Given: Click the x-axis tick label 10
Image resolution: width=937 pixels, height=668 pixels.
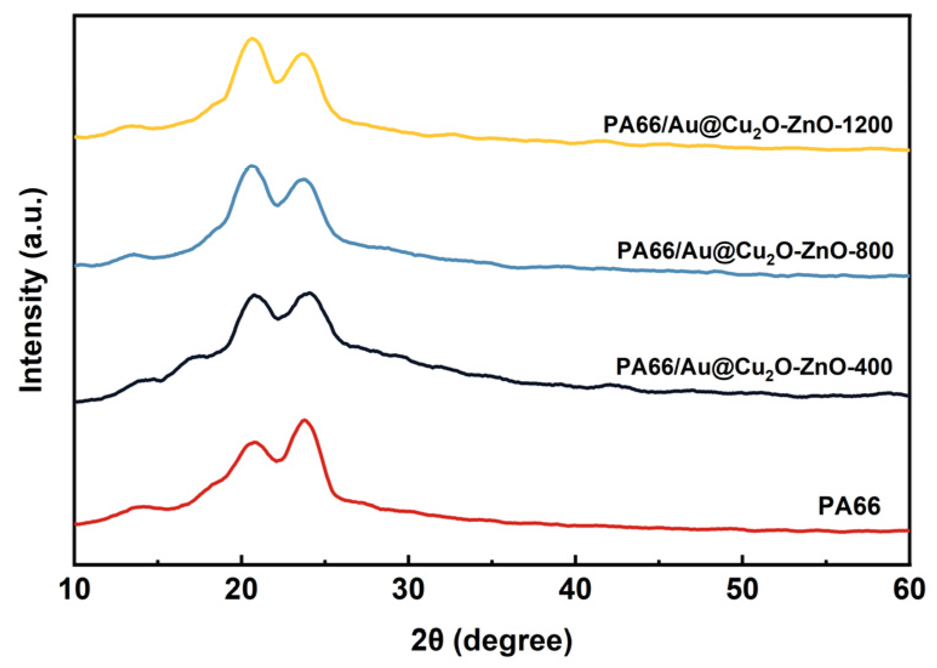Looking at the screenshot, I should point(75,590).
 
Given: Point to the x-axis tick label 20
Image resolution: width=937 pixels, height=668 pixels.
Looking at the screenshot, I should point(242,590).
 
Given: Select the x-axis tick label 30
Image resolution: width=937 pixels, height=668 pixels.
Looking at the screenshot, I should point(408,590).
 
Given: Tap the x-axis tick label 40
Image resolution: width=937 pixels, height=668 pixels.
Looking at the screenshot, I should point(575,590).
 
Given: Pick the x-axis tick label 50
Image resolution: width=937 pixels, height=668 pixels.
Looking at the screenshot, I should point(742,590).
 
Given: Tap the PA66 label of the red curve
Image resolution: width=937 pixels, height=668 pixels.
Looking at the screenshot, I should point(849,506).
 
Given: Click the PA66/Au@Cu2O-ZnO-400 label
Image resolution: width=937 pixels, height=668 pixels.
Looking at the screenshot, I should point(754,368).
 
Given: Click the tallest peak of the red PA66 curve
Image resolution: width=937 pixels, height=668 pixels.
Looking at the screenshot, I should point(304,420).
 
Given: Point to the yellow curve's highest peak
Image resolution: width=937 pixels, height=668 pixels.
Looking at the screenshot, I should point(253,38).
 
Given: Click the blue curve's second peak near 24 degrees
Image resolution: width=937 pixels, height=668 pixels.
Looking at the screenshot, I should point(303,179).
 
